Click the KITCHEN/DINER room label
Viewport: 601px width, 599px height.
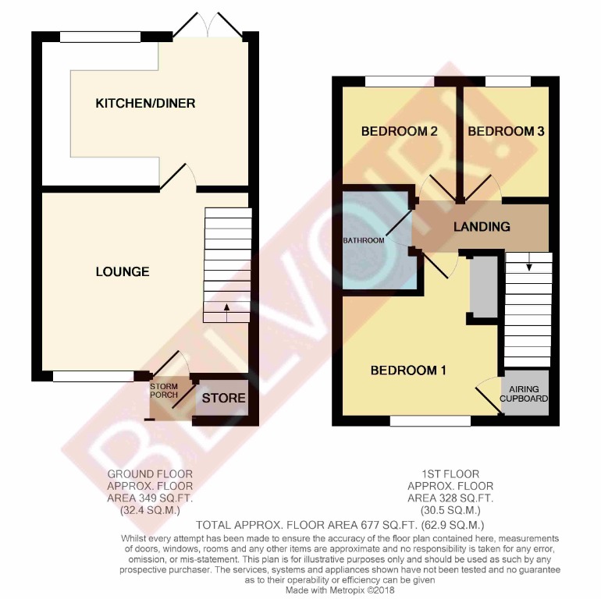pyautogui.click(x=144, y=103)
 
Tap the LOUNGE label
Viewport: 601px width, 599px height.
pyautogui.click(x=123, y=271)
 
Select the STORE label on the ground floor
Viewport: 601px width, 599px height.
pyautogui.click(x=224, y=399)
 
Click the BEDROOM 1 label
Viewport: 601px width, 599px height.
pyautogui.click(x=407, y=370)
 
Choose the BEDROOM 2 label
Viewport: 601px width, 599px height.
pyautogui.click(x=398, y=132)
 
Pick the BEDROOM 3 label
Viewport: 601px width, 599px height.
pyautogui.click(x=506, y=132)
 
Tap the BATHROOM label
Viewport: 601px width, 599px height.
pyautogui.click(x=365, y=240)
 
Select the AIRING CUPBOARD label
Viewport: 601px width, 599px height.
pyautogui.click(x=524, y=394)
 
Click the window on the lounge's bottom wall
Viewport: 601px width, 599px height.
pyautogui.click(x=94, y=377)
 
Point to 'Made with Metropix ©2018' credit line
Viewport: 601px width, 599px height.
pyautogui.click(x=340, y=590)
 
